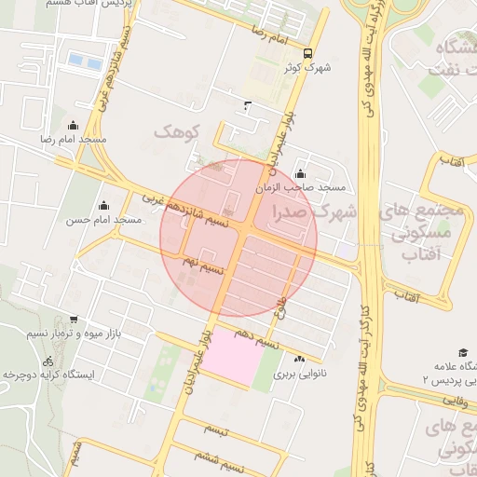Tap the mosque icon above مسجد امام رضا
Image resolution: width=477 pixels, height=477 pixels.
pyautogui.click(x=74, y=126)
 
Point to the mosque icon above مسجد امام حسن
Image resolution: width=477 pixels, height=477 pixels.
pyautogui.click(x=103, y=206)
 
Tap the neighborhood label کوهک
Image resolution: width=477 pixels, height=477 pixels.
pyautogui.click(x=177, y=131)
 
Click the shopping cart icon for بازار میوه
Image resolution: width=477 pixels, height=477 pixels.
pyautogui.click(x=74, y=320)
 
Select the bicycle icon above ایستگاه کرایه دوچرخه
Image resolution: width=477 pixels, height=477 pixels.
pyautogui.click(x=48, y=361)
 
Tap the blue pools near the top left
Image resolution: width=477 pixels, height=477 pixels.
pyautogui.click(x=85, y=61)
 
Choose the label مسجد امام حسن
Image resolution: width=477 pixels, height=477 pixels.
pyautogui.click(x=103, y=221)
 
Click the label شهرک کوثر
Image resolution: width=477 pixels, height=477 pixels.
pyautogui.click(x=309, y=67)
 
